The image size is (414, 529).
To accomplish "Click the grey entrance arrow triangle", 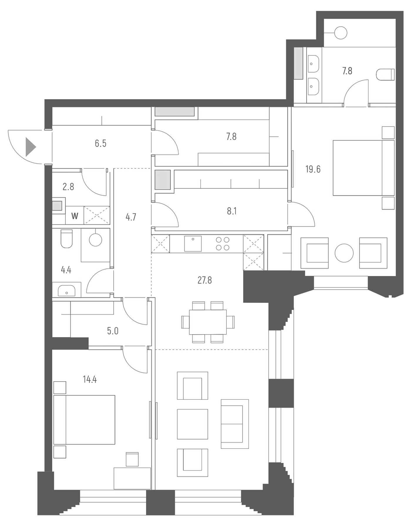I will click(30, 147).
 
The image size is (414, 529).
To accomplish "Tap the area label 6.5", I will click(100, 143).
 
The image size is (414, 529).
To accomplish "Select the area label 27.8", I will click(205, 280).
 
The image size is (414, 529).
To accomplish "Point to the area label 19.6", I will click(313, 169).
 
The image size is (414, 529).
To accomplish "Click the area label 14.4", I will click(90, 379).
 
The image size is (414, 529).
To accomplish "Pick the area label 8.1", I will click(232, 211).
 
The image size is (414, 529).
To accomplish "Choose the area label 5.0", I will click(113, 331).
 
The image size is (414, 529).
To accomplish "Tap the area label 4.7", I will click(131, 217).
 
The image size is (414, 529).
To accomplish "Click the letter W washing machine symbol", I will click(75, 216).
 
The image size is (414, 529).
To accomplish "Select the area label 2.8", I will click(68, 187).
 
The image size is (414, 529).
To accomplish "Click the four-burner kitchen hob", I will click(223, 244).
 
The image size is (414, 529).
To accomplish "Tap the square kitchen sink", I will click(193, 244).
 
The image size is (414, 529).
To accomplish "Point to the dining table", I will click(208, 322).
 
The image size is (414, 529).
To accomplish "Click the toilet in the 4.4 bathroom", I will click(67, 239).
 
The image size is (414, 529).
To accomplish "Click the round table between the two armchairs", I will click(344, 253).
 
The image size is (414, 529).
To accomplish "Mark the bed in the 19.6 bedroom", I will click(363, 168).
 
